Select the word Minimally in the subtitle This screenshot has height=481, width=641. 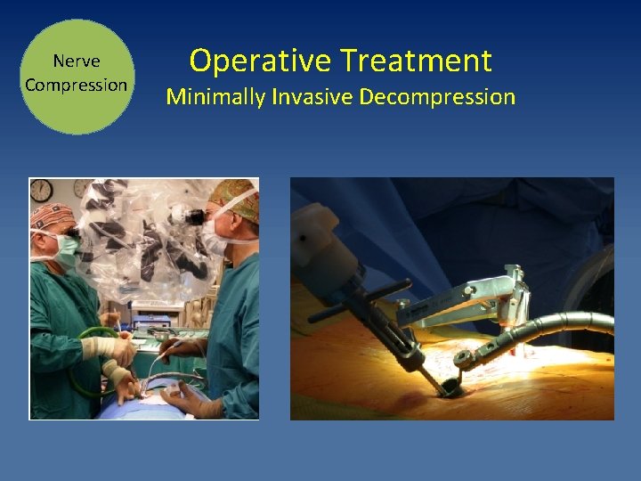click(215, 96)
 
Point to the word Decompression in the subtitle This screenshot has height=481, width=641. click(438, 96)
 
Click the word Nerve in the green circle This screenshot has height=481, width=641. click(77, 61)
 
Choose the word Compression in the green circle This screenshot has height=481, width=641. click(77, 85)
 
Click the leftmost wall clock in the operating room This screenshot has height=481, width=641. click(41, 190)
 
